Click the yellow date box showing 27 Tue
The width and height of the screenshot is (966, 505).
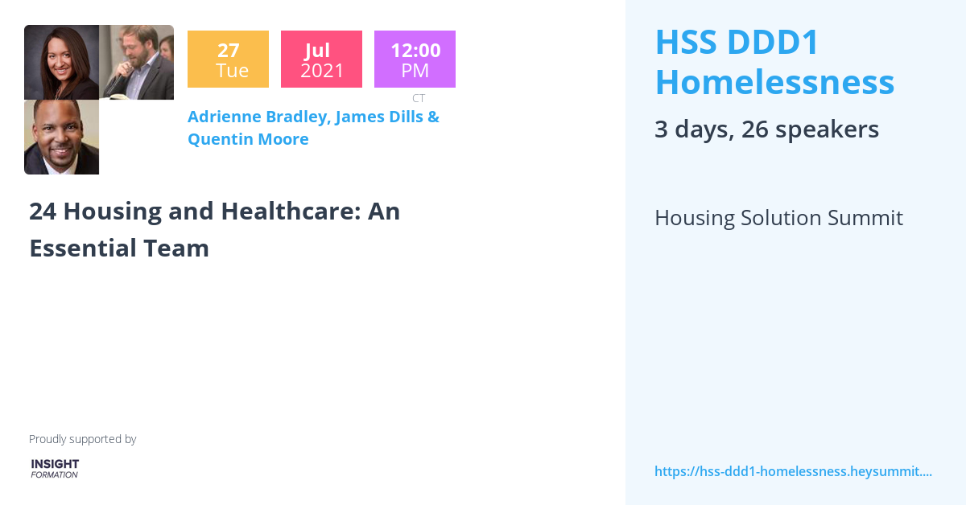click(x=228, y=60)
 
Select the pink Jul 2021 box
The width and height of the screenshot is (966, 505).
click(x=321, y=60)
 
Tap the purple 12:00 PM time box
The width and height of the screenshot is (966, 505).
click(x=415, y=60)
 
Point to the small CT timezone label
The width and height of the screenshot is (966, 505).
click(x=419, y=98)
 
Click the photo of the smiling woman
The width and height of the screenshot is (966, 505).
click(x=62, y=62)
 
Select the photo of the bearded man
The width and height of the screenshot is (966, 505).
click(x=136, y=62)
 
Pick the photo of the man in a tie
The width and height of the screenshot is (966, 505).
click(x=62, y=137)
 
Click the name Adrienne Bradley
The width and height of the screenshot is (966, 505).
click(x=257, y=117)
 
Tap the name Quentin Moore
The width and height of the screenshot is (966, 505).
click(x=248, y=139)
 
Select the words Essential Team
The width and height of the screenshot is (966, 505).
click(x=119, y=248)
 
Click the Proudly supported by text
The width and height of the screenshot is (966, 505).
click(x=83, y=439)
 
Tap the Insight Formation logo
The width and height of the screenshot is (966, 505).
click(x=55, y=468)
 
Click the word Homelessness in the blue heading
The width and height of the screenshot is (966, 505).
click(x=774, y=82)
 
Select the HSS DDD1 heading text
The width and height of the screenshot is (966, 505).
click(x=737, y=43)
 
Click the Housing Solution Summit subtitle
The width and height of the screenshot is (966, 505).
click(x=778, y=218)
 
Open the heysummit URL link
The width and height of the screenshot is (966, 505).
click(x=793, y=471)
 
